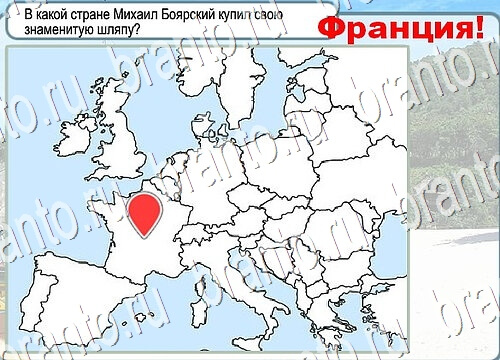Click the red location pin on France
pyautogui.click(x=146, y=212)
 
